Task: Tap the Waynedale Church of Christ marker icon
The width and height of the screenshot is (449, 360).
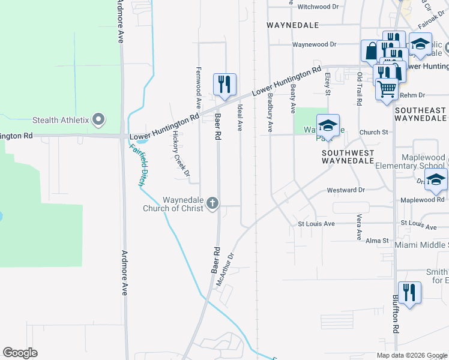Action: coord(211,205)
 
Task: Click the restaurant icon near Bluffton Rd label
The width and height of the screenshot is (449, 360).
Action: coord(409,293)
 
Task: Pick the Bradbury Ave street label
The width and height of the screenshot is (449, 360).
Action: coord(270,112)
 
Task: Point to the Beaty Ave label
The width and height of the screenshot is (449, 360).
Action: coord(293,98)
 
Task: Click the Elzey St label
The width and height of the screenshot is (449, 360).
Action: coord(328,84)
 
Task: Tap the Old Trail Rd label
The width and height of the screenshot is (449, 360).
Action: coord(360,89)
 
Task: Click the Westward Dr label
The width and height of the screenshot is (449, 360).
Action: coord(346,190)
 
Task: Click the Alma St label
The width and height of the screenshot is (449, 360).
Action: coord(378,239)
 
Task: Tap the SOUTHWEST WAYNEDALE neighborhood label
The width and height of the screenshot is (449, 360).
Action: coord(348,157)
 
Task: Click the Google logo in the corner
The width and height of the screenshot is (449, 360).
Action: coord(20,353)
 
